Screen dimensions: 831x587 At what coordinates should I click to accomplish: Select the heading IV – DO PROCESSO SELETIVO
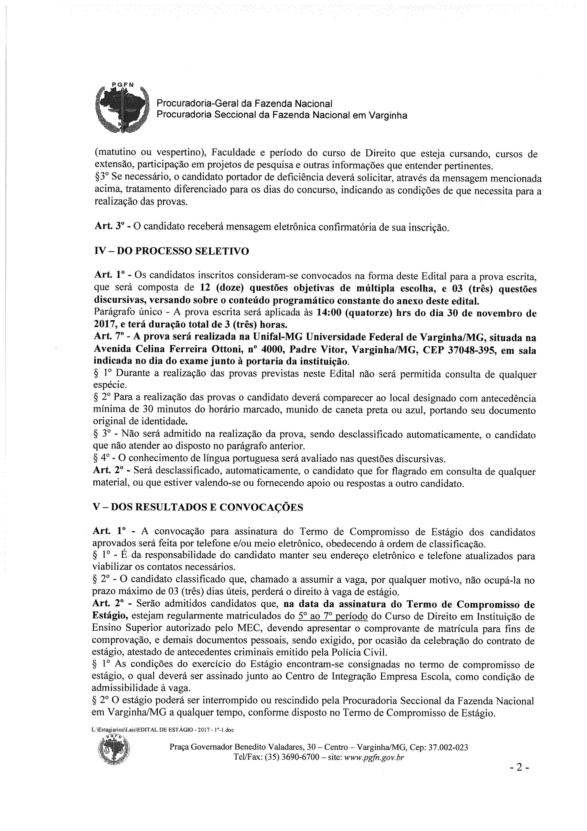(x=171, y=251)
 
